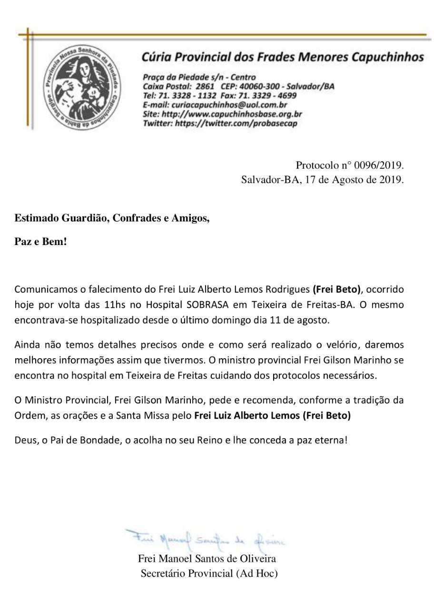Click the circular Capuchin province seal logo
point(82,88)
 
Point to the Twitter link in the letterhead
point(236,123)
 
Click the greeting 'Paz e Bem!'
point(41,242)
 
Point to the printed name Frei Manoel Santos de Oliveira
point(207,559)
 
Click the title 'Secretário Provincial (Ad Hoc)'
point(209,573)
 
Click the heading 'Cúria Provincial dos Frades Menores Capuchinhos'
point(282,57)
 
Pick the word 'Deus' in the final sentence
point(25,440)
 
